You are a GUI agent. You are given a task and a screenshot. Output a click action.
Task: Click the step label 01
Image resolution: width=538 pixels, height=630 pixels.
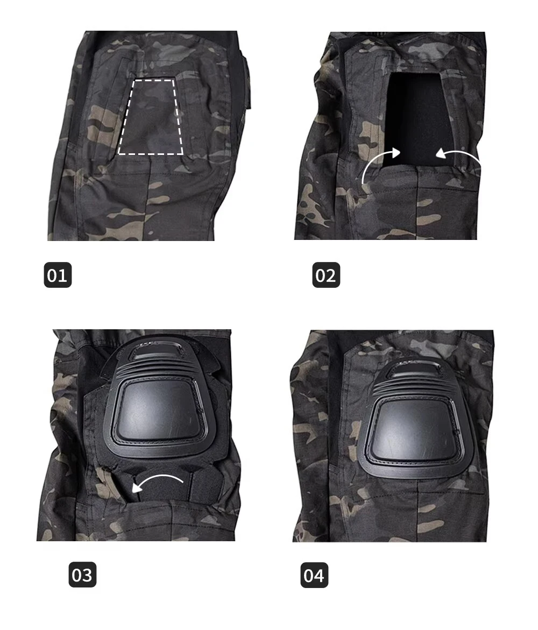58,275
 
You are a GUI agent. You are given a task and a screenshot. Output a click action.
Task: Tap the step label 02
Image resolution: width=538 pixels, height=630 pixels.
326,275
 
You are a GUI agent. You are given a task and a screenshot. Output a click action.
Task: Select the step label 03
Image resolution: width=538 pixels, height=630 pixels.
82,575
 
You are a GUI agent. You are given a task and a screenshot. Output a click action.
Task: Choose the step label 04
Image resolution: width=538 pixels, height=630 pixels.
314,575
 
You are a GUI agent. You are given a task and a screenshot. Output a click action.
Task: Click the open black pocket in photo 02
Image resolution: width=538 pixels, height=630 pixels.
415,116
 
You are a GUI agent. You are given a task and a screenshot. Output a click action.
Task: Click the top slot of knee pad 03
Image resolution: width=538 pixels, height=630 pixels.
159,351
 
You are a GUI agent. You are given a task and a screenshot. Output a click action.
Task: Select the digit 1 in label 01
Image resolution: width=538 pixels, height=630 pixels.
63,275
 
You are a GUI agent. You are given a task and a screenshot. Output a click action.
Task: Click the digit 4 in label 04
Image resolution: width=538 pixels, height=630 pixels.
320,575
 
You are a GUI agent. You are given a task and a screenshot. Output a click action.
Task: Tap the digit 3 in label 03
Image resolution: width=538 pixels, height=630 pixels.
88,575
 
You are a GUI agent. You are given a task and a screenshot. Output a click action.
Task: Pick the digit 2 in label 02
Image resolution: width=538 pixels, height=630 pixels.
331,275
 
